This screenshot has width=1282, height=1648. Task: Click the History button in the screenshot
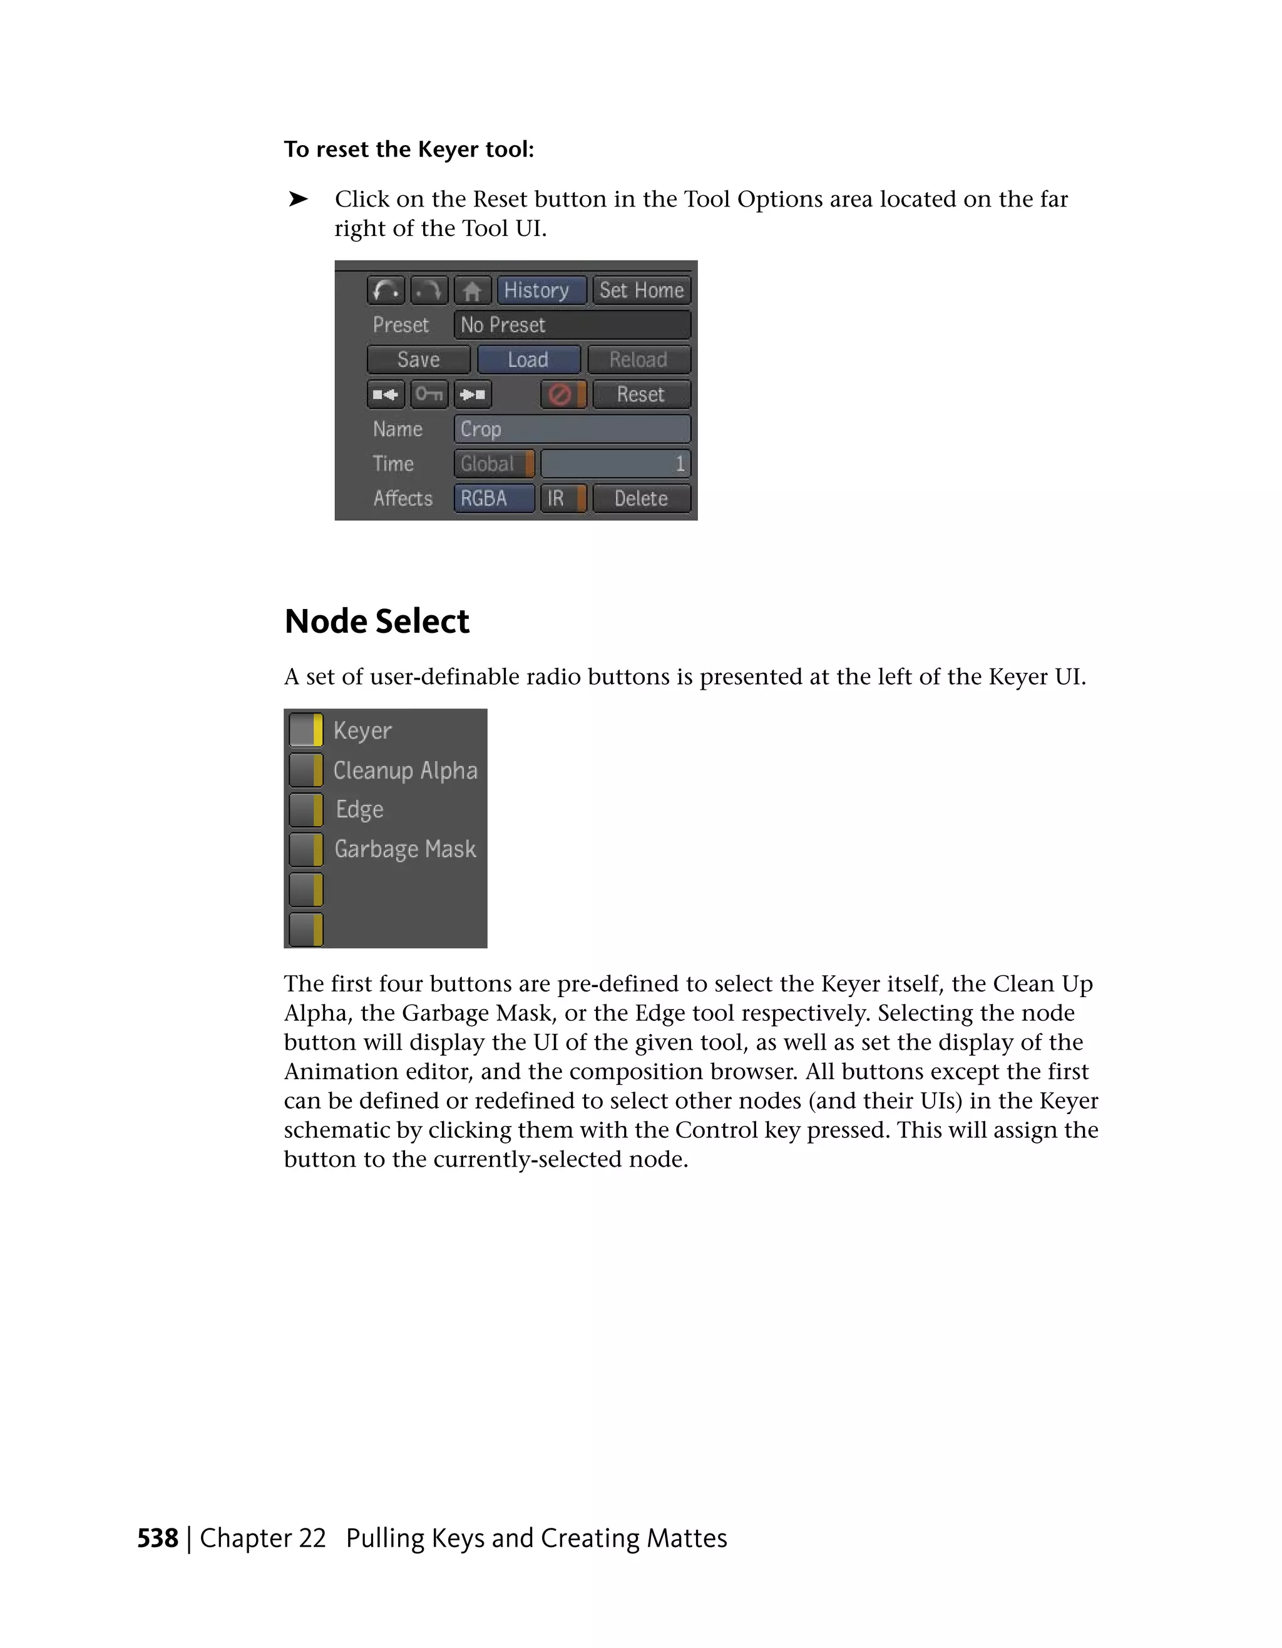coord(540,290)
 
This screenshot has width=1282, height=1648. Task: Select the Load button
coord(528,360)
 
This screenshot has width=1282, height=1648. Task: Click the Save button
coord(418,360)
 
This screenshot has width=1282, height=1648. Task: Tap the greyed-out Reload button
coord(638,360)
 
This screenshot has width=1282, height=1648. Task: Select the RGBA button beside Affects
coord(493,499)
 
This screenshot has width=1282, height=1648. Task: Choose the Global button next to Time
coord(493,464)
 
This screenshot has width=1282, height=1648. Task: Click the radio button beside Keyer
coord(306,730)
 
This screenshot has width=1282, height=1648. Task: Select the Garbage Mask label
coord(405,849)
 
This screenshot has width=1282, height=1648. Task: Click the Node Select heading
coord(377,622)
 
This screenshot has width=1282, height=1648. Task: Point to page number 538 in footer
coord(158,1538)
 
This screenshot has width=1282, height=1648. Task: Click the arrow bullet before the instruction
coord(298,199)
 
